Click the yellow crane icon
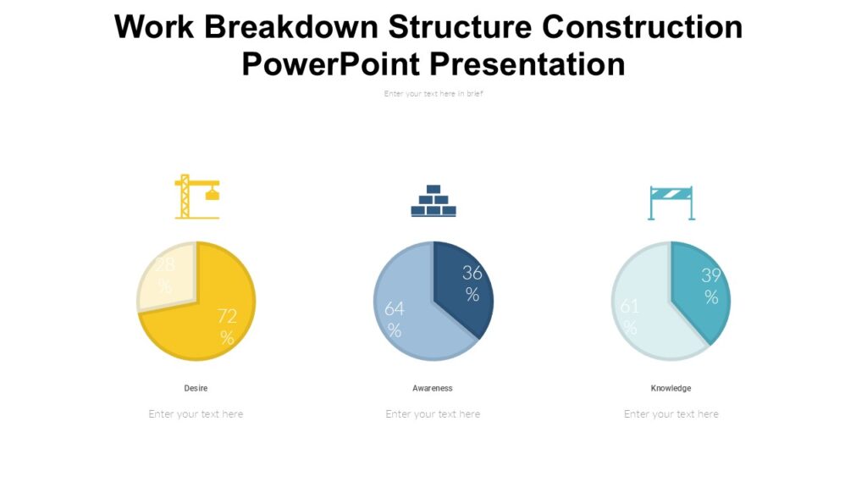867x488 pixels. (196, 197)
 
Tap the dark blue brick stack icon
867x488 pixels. (433, 201)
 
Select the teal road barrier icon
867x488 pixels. (671, 202)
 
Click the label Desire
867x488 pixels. (196, 388)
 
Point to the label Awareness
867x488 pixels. (433, 388)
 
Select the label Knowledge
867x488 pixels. (671, 388)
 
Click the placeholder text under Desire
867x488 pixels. (196, 414)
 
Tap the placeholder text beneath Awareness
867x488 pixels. (433, 414)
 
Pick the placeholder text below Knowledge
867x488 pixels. (671, 414)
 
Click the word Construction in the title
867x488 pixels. (642, 27)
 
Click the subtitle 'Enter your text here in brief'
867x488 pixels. (433, 94)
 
